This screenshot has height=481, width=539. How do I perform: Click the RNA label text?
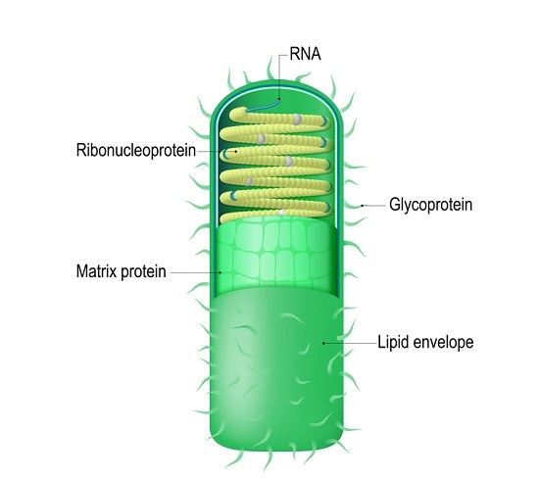pos(305,54)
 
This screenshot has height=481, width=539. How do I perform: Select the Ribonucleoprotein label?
pos(136,150)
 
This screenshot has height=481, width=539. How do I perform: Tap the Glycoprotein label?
pos(431,205)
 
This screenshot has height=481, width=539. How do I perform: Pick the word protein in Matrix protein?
pos(143,271)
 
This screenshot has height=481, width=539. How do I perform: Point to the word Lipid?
pos(392,342)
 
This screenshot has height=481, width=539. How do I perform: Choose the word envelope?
pos(442,342)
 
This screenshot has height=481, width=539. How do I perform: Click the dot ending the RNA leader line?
pos(279,99)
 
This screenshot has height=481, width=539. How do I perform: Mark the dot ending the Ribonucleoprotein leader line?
pos(236,151)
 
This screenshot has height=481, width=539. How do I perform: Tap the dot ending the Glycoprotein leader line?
pos(362,206)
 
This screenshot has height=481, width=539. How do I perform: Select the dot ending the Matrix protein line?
pos(220,272)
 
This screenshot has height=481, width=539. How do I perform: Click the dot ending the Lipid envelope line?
pos(323,343)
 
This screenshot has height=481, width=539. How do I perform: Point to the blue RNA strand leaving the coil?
pos(263,106)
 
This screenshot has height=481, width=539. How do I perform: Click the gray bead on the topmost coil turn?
pos(297,120)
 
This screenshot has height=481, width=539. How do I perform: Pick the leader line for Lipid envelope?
pos(350,343)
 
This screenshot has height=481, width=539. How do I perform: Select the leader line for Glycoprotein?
pos(373,206)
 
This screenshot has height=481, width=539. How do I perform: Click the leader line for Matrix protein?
pos(195,272)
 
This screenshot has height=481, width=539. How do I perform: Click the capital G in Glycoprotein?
pos(394,204)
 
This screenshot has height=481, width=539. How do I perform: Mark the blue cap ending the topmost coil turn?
pos(324,120)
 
